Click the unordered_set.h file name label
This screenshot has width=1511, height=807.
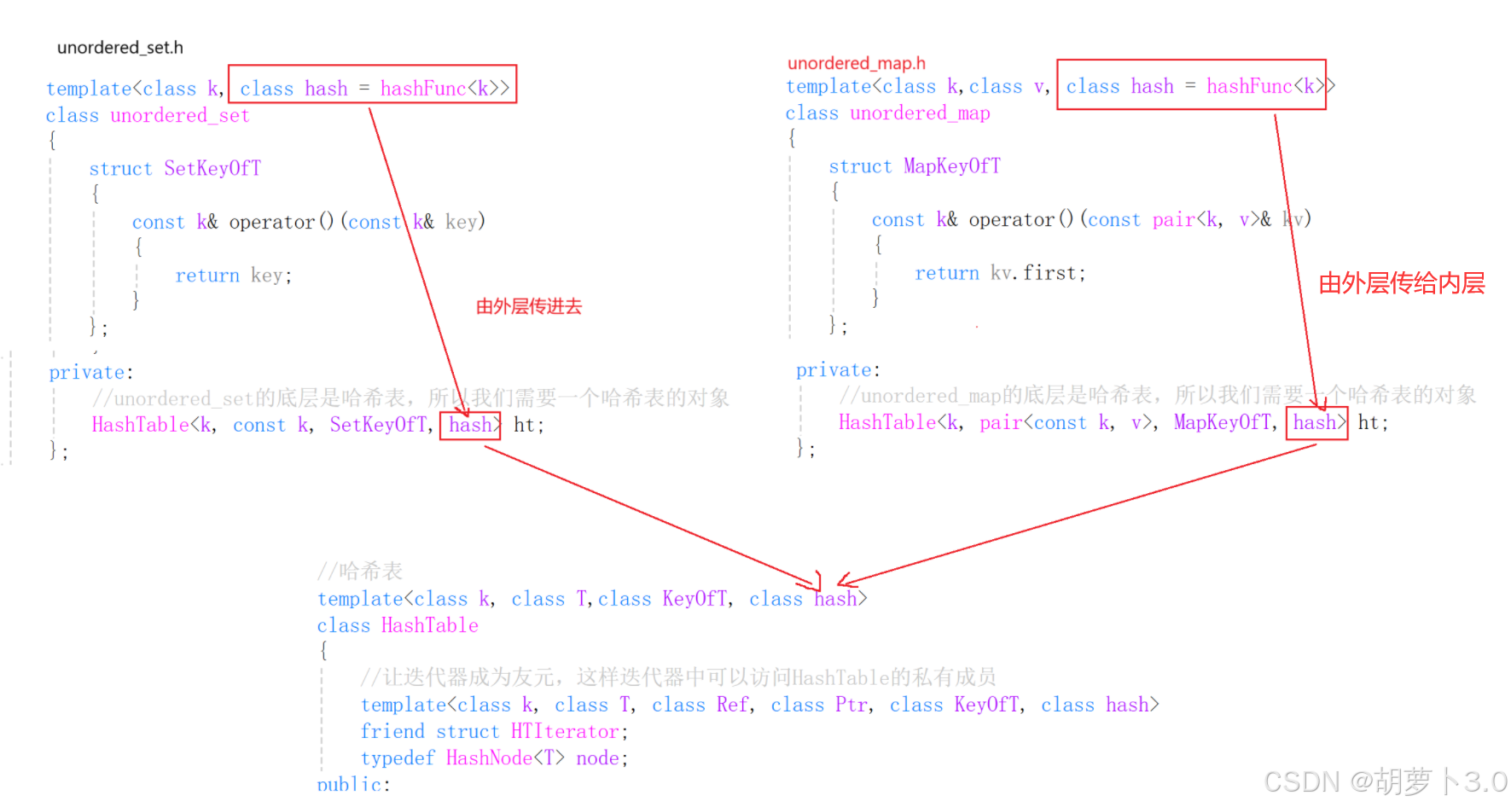tap(119, 48)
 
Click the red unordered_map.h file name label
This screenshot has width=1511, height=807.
tap(856, 63)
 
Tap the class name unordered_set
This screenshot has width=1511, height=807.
tap(179, 115)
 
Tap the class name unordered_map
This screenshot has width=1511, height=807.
tap(920, 113)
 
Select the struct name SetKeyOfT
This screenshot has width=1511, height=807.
tap(212, 168)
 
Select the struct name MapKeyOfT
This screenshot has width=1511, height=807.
tap(951, 166)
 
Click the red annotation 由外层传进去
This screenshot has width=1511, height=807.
tap(528, 306)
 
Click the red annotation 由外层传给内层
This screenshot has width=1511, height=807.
tap(1401, 283)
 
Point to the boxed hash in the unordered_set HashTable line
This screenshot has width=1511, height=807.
tap(470, 425)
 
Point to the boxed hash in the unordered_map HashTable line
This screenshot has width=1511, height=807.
tap(1315, 422)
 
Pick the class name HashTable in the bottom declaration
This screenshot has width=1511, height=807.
tap(429, 625)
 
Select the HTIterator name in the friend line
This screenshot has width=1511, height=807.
tap(565, 731)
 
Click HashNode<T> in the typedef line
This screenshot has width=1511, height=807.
tap(504, 758)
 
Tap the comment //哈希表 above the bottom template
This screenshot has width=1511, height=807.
tap(359, 571)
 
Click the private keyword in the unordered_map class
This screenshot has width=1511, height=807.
tap(835, 370)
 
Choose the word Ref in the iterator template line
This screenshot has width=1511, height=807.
tap(732, 705)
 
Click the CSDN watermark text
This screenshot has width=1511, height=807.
tap(1384, 781)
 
